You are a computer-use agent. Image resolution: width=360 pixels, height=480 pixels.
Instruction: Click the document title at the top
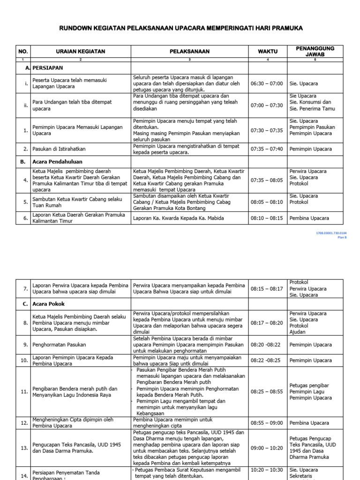(180, 29)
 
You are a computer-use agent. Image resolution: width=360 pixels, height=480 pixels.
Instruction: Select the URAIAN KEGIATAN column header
(80, 52)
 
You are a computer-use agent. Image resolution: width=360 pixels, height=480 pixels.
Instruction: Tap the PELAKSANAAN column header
(190, 52)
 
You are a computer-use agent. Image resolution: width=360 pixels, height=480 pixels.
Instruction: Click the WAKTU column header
(267, 52)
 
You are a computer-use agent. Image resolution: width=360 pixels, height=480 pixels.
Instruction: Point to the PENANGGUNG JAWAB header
(315, 52)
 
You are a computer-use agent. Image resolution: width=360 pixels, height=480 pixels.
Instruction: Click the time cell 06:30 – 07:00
(267, 83)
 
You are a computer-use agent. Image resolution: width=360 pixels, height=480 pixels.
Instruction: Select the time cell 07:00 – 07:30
(267, 105)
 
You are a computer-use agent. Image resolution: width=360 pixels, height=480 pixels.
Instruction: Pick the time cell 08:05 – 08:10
(267, 202)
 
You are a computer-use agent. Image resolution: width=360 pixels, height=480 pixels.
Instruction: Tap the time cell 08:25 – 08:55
(267, 391)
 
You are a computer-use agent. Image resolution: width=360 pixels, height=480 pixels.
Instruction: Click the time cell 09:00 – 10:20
(267, 448)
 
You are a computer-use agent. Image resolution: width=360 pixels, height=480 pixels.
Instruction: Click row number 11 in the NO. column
(24, 391)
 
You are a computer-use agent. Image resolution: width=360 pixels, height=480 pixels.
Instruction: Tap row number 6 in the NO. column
(25, 218)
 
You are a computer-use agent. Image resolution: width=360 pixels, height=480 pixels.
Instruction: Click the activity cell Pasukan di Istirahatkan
(59, 149)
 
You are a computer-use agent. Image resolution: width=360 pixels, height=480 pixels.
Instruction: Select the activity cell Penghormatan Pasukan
(59, 345)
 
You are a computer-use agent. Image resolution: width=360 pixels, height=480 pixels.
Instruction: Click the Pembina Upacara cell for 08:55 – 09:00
(309, 423)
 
